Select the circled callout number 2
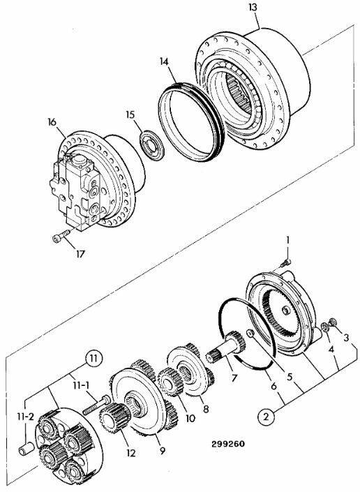point(266,417)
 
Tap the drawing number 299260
point(228,444)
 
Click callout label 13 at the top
point(253,7)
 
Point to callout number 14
point(164,61)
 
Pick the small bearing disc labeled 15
point(152,147)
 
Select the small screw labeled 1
point(285,263)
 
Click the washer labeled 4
point(325,327)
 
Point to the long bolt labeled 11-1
point(96,405)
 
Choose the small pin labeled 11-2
point(27,448)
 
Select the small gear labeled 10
point(170,382)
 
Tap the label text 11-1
point(81,385)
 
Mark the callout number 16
point(52,121)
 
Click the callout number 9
point(162,451)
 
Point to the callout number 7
point(234,378)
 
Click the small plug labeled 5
point(250,334)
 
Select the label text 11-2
point(25,417)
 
